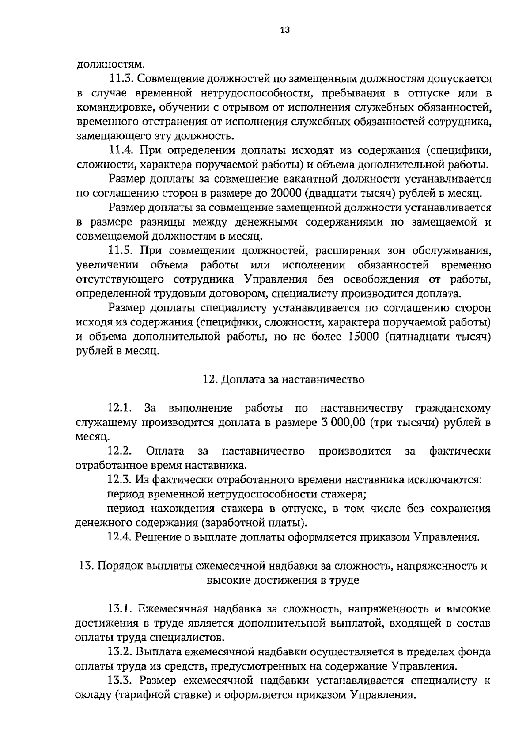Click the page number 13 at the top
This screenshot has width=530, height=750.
click(284, 30)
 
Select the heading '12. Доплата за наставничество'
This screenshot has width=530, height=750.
click(283, 379)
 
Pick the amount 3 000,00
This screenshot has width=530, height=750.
click(343, 422)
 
